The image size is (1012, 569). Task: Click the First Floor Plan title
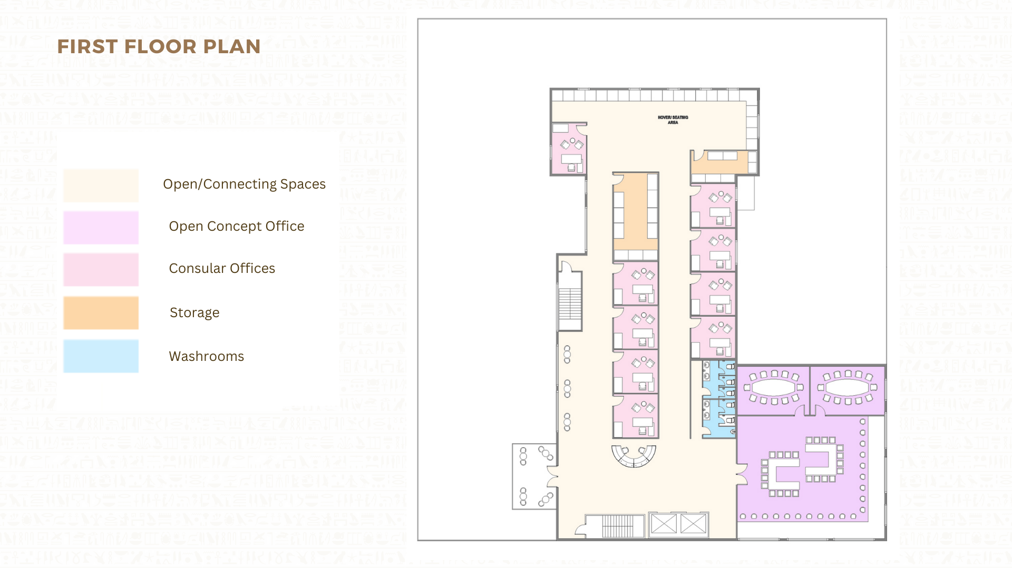click(159, 46)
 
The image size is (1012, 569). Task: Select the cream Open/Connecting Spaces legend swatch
click(101, 185)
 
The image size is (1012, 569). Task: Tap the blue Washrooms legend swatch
click(101, 356)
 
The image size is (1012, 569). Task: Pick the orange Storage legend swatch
click(101, 313)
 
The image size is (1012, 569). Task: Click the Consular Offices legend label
click(222, 268)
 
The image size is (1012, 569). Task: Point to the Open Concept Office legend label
click(237, 226)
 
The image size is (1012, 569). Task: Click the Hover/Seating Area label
click(673, 120)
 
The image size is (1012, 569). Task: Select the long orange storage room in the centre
click(636, 212)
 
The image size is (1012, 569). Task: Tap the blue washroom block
click(718, 399)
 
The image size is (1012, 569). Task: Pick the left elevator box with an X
click(664, 524)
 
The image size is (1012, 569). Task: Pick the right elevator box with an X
click(693, 524)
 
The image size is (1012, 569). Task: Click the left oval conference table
click(774, 388)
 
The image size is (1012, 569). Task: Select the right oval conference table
click(848, 388)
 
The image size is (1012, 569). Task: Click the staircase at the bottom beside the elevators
click(618, 526)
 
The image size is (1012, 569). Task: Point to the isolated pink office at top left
click(568, 149)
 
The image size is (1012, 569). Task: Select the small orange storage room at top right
click(719, 162)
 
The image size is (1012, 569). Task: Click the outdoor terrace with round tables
click(534, 476)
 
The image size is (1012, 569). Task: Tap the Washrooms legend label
click(207, 356)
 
